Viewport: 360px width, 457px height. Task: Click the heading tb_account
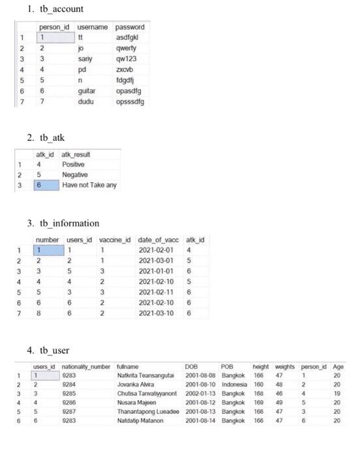point(60,9)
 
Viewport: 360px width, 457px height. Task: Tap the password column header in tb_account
point(130,27)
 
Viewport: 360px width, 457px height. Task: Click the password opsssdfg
point(129,102)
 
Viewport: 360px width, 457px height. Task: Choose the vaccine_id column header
point(115,240)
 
